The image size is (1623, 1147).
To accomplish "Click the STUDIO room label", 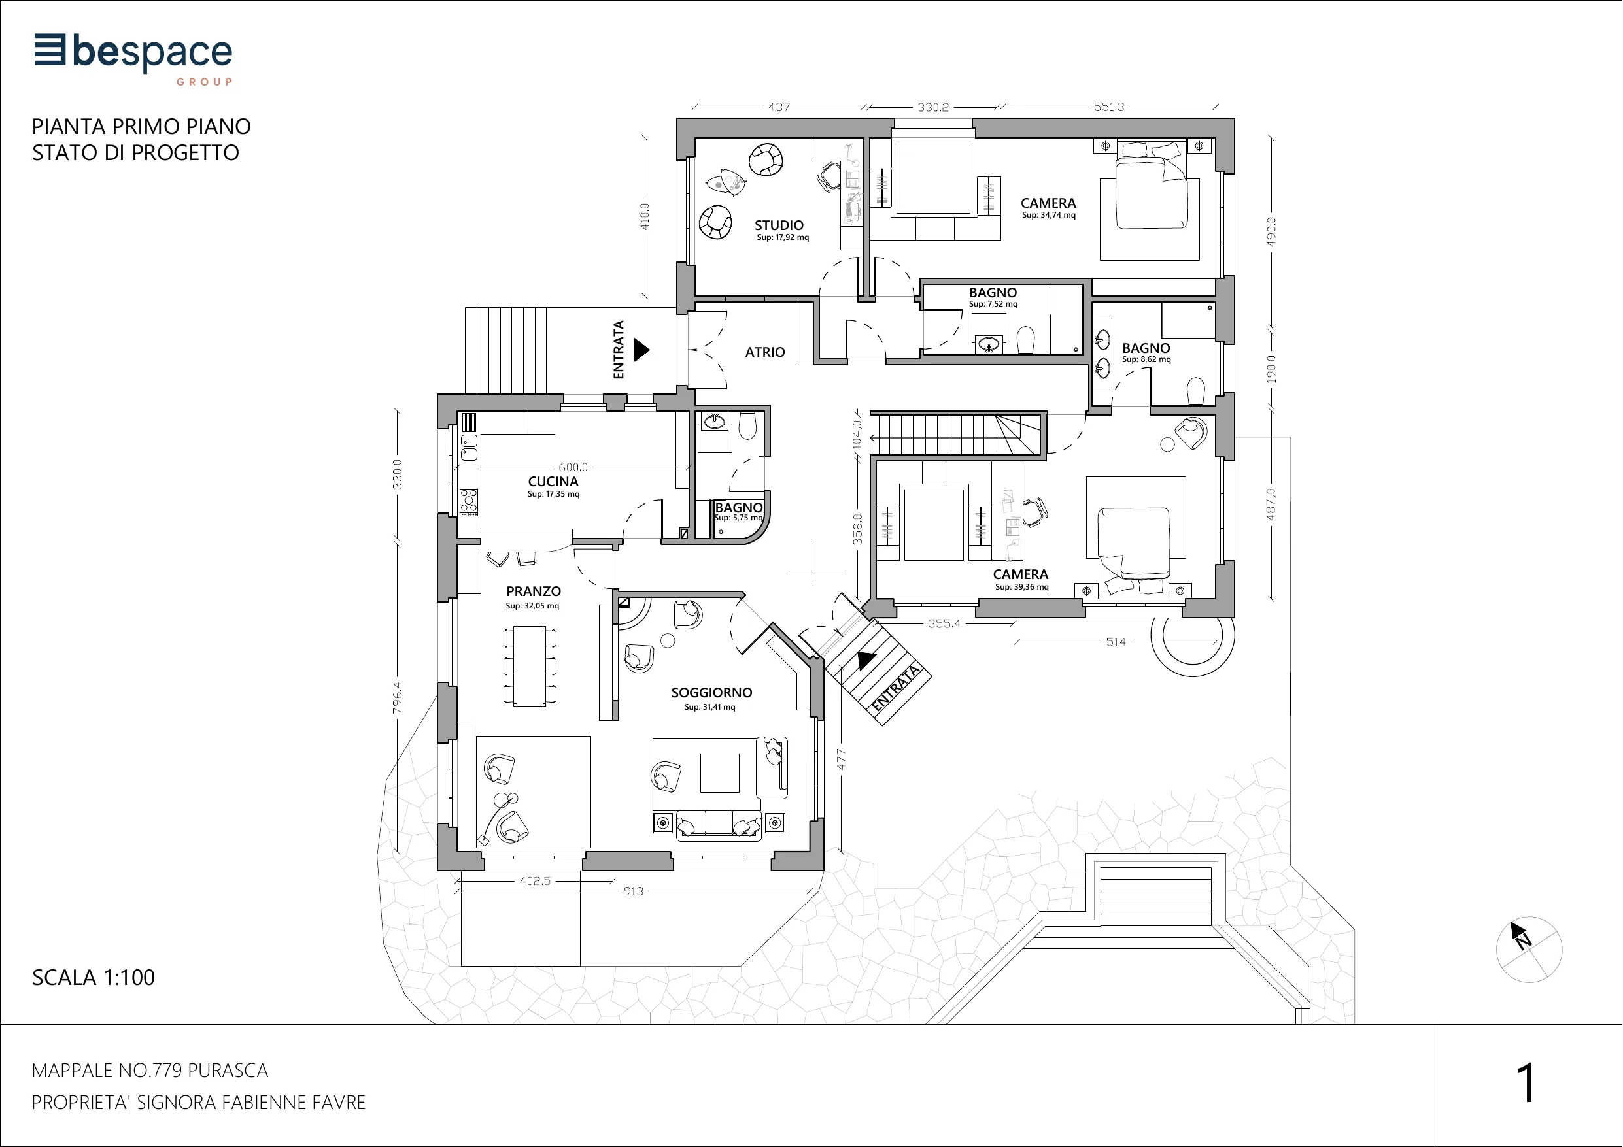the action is [x=779, y=225].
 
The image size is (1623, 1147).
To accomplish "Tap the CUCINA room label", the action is [x=553, y=481].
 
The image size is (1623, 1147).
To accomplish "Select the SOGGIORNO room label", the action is [x=712, y=693].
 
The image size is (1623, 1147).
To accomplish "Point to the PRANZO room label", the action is [x=534, y=591].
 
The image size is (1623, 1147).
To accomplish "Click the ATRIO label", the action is [x=765, y=352].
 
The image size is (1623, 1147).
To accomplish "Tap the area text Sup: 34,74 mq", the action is [x=1048, y=215].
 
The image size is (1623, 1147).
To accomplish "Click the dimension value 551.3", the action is [x=1109, y=107].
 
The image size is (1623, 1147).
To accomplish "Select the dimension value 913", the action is [x=634, y=891].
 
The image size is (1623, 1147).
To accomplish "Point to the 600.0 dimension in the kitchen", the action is [x=573, y=467].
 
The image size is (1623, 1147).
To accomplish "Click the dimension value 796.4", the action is [x=398, y=697].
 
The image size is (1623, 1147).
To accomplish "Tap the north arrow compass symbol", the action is [x=1529, y=949].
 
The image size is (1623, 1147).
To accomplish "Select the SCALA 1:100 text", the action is [x=94, y=977].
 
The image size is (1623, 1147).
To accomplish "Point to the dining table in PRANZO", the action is [x=530, y=667].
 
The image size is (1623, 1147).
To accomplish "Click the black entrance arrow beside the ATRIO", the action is [x=641, y=350].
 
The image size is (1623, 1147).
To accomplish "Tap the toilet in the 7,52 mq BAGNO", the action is [x=1026, y=340].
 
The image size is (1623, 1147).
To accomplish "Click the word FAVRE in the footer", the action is [x=342, y=1103].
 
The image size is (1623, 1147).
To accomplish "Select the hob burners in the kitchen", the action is [x=468, y=501].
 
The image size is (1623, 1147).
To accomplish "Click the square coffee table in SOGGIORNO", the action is [x=719, y=773].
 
